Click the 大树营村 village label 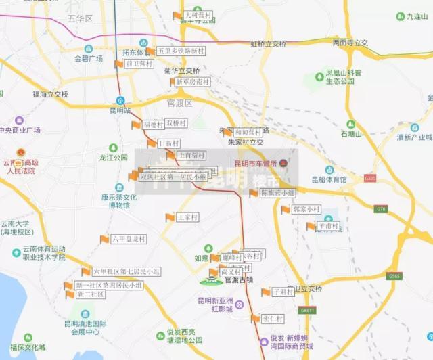pyautogui.click(x=198, y=15)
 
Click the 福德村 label pyautogui.click(x=154, y=125)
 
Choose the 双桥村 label pyautogui.click(x=176, y=123)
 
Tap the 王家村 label pyautogui.click(x=187, y=217)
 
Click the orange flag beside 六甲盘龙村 pyautogui.click(x=105, y=239)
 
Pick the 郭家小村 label pyautogui.click(x=306, y=210)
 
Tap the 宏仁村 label pyautogui.click(x=273, y=319)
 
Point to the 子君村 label pyautogui.click(x=283, y=292)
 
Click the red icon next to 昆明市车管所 pyautogui.click(x=283, y=163)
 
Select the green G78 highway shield pyautogui.click(x=381, y=209)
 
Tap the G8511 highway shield pyautogui.click(x=308, y=310)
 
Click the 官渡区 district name pyautogui.click(x=179, y=104)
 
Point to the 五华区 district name pyautogui.click(x=81, y=18)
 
